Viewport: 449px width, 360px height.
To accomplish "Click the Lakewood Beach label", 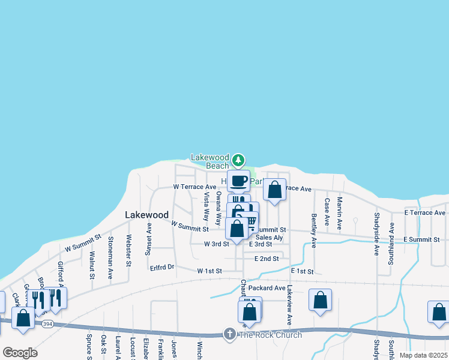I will pyautogui.click(x=210, y=161).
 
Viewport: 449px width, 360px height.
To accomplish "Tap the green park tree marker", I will pyautogui.click(x=239, y=160).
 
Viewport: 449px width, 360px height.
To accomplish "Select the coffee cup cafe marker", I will pyautogui.click(x=238, y=181).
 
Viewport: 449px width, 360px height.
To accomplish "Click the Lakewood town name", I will pyautogui.click(x=146, y=214).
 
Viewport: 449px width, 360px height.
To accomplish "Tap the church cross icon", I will pyautogui.click(x=229, y=334).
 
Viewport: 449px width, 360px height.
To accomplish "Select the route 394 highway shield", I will pyautogui.click(x=47, y=323).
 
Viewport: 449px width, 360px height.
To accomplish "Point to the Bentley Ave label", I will pyautogui.click(x=313, y=230).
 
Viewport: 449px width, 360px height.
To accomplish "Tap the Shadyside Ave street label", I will pyautogui.click(x=377, y=233).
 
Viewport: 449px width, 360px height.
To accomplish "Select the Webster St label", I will pyautogui.click(x=128, y=250).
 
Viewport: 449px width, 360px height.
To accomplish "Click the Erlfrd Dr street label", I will pyautogui.click(x=162, y=267).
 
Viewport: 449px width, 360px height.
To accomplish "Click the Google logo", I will pyautogui.click(x=20, y=353).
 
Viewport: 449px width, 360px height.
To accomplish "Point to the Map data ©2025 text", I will pyautogui.click(x=423, y=355).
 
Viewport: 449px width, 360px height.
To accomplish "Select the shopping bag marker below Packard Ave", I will pyautogui.click(x=320, y=300).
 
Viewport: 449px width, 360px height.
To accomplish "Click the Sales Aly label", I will pyautogui.click(x=269, y=238).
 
